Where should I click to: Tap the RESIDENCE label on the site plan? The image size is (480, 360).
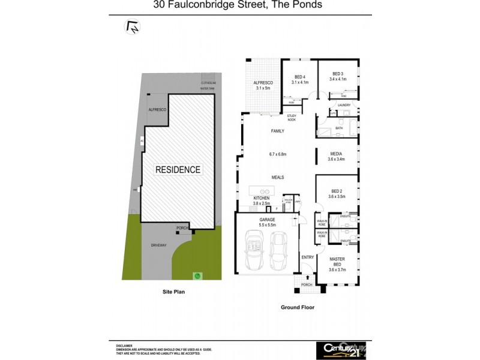178,170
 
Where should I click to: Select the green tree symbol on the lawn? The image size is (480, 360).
196,277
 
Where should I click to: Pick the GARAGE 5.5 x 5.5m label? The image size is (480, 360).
267,223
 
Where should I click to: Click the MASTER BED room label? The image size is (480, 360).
337,262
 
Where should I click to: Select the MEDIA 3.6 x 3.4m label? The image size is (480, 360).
337,157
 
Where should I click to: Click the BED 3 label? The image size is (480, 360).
338,76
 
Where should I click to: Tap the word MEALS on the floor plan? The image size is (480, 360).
277,178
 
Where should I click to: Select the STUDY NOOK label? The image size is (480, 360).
292,118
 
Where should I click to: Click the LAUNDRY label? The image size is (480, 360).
344,105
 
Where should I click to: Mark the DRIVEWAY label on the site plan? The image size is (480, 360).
159,245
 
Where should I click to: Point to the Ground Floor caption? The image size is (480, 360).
298,307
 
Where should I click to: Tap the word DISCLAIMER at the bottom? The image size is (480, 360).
124,346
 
